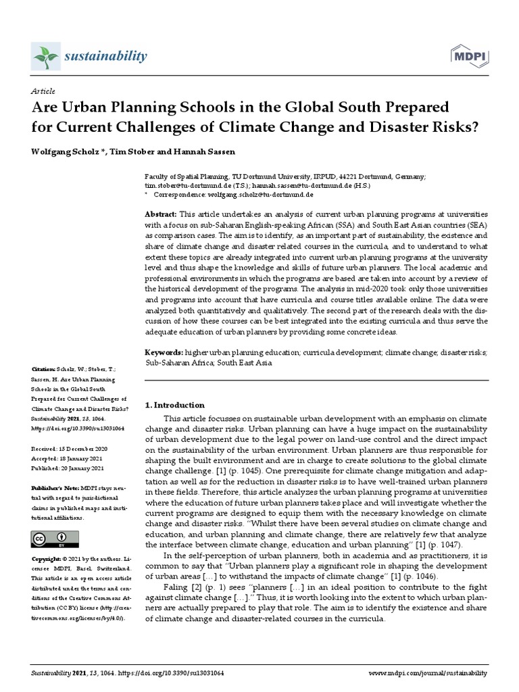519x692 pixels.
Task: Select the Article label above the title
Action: (43, 91)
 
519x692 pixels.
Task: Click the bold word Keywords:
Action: (164, 353)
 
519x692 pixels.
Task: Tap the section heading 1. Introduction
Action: (175, 405)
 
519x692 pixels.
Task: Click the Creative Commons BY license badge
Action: (55, 539)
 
